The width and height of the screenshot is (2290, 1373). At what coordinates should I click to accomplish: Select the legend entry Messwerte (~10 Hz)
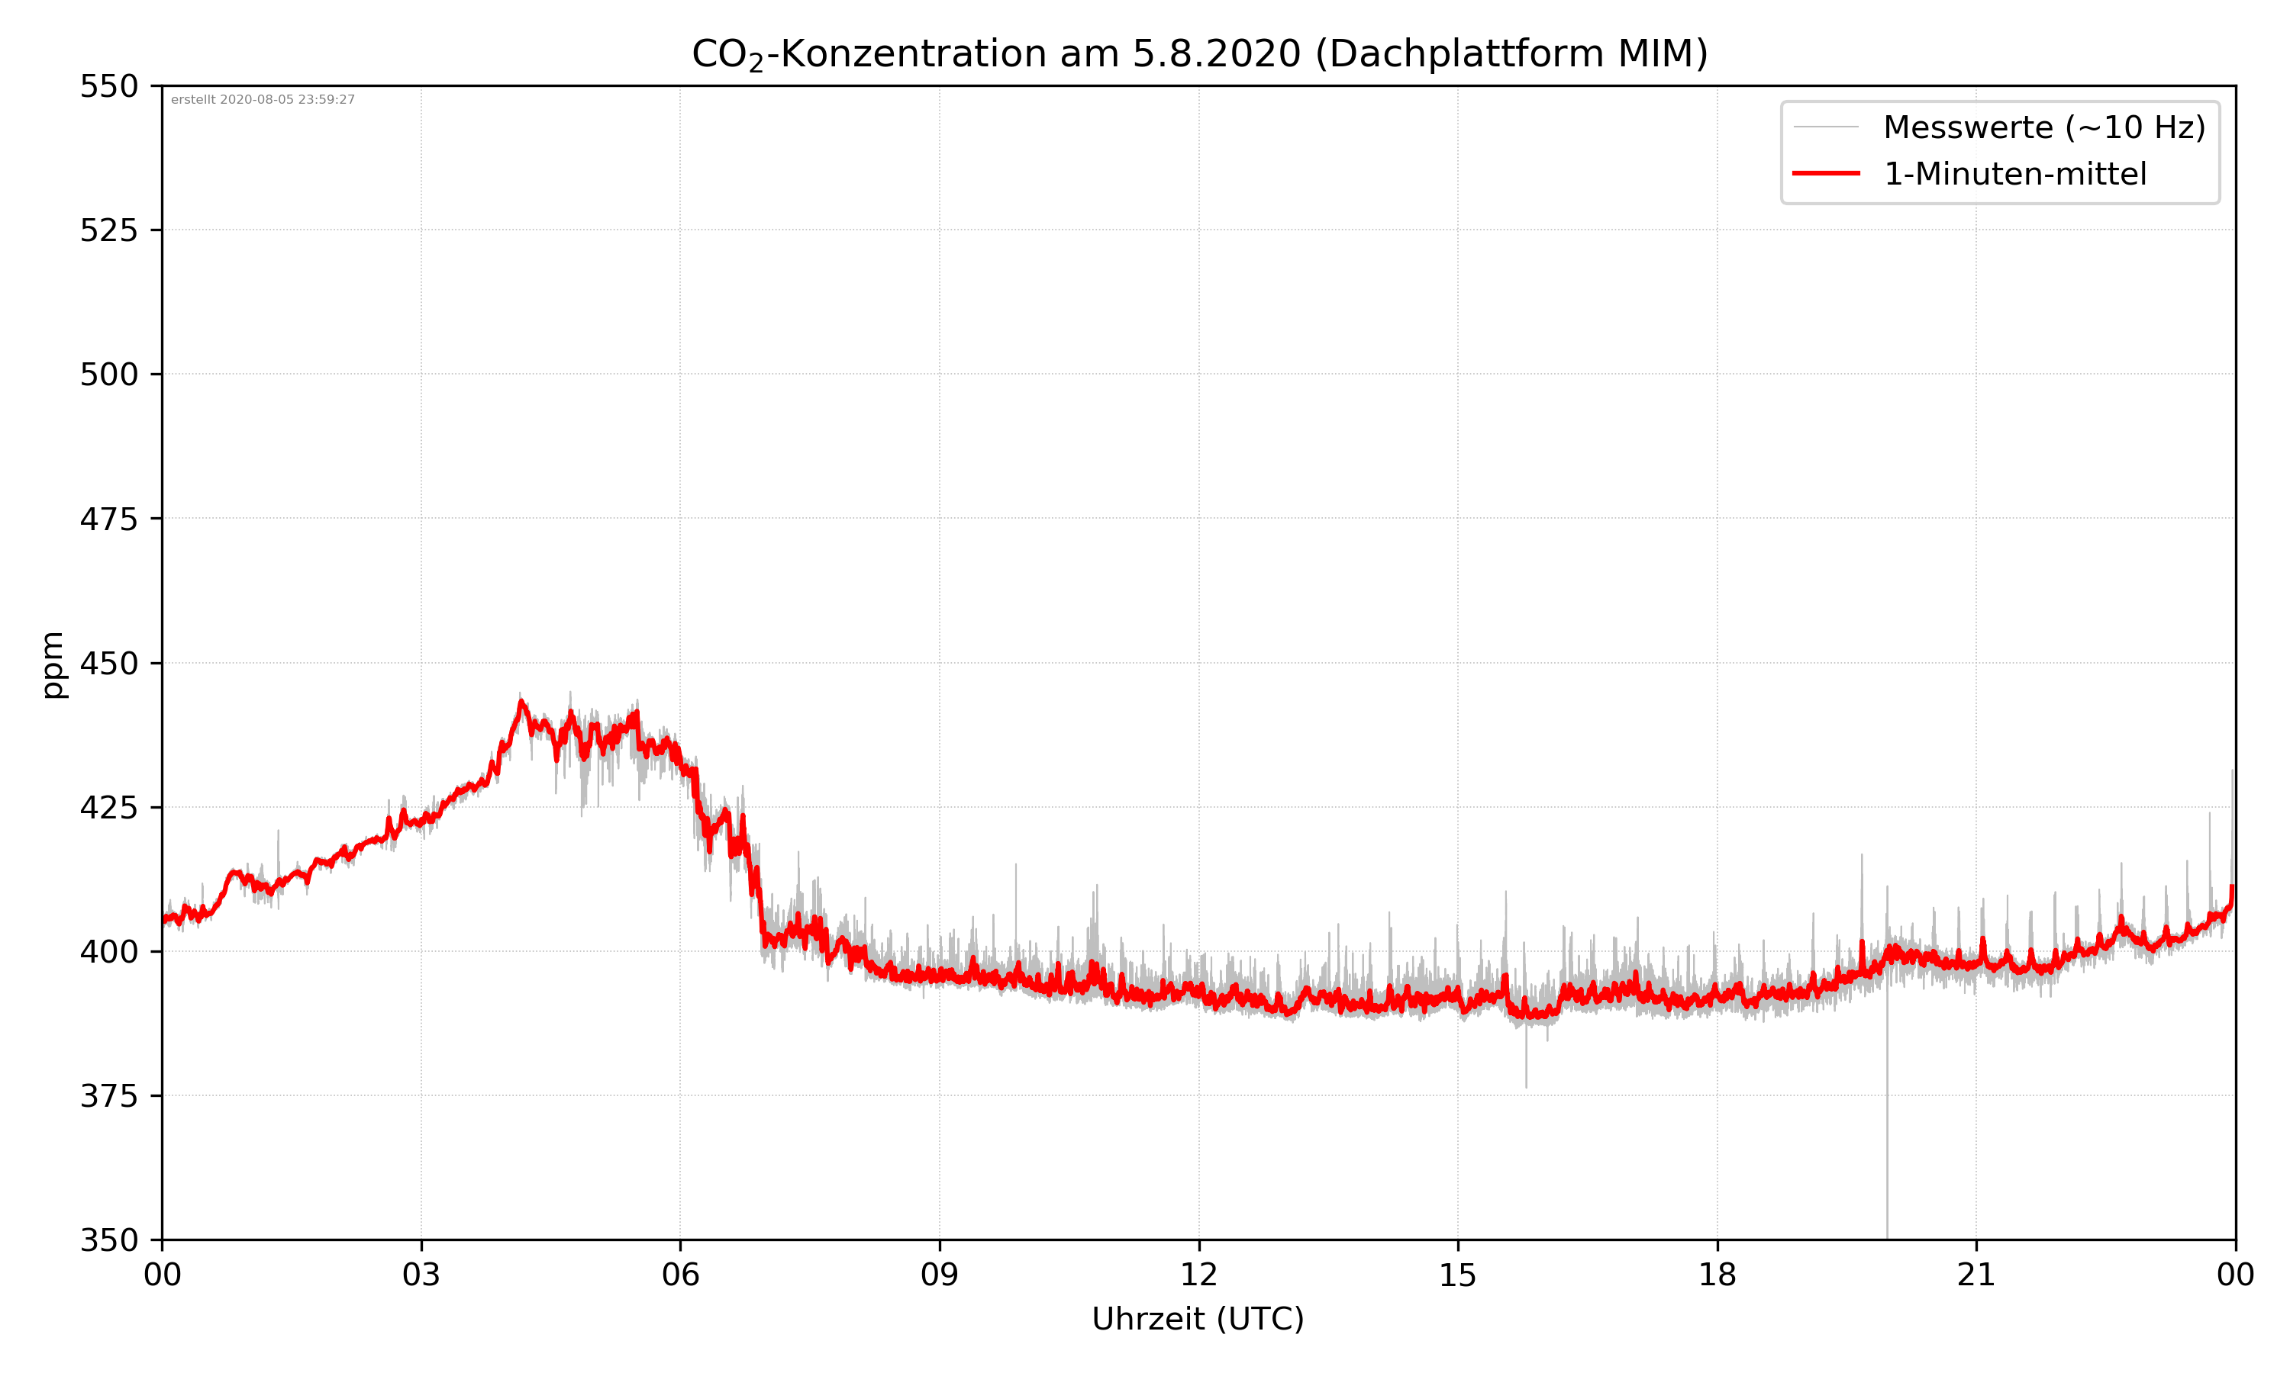[x=2043, y=127]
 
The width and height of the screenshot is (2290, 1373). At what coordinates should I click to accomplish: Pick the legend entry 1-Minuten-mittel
[x=2014, y=174]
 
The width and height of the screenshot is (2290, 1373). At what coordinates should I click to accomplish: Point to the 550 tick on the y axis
[x=108, y=86]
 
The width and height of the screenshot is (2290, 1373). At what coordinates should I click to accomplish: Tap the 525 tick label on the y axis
[x=108, y=230]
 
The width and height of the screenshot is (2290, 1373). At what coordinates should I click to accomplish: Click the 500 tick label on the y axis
[x=108, y=375]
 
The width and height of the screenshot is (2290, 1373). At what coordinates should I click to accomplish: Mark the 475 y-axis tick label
[x=108, y=519]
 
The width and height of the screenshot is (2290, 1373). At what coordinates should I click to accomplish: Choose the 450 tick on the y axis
[x=108, y=664]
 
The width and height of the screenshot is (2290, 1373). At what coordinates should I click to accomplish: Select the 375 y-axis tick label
[x=108, y=1096]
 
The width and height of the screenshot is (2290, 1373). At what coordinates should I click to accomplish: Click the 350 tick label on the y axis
[x=108, y=1241]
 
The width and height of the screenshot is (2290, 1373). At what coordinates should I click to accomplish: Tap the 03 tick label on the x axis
[x=421, y=1275]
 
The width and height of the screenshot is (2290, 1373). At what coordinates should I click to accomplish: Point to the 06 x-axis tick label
[x=680, y=1275]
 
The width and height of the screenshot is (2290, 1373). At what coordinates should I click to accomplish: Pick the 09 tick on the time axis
[x=940, y=1275]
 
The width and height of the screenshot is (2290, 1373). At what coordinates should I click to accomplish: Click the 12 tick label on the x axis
[x=1198, y=1275]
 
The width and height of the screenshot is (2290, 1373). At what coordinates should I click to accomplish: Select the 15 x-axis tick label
[x=1458, y=1275]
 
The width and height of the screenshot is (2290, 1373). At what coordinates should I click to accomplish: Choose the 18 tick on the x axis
[x=1717, y=1275]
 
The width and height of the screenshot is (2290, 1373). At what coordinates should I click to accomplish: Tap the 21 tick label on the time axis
[x=1976, y=1275]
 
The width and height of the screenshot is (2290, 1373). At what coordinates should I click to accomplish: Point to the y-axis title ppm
[x=53, y=664]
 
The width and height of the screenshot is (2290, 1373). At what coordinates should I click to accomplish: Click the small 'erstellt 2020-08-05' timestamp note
[x=263, y=100]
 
